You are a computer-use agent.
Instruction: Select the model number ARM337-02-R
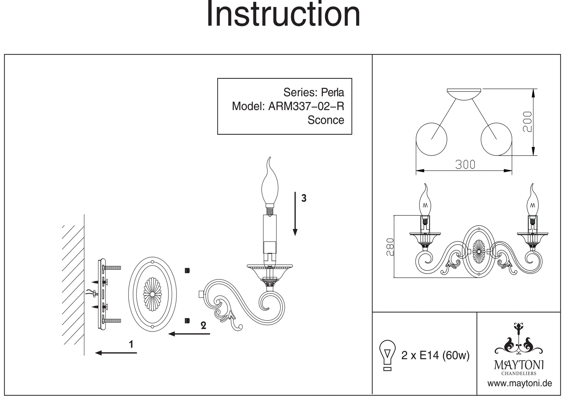pyautogui.click(x=306, y=106)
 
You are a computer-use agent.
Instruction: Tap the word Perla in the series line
pyautogui.click(x=333, y=93)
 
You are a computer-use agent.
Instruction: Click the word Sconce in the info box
pyautogui.click(x=326, y=120)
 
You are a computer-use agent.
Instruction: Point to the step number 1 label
pyautogui.click(x=131, y=344)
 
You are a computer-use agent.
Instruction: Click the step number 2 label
pyautogui.click(x=203, y=326)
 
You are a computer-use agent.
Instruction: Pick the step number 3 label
pyautogui.click(x=304, y=198)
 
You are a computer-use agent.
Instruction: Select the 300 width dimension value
pyautogui.click(x=465, y=165)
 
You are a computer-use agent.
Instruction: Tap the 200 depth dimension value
pyautogui.click(x=527, y=122)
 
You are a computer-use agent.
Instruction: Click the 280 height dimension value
pyautogui.click(x=390, y=247)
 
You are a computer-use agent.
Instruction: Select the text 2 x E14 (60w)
pyautogui.click(x=435, y=355)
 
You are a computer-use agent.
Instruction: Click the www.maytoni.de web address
pyautogui.click(x=520, y=384)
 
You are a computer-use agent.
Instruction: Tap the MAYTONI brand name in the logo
pyautogui.click(x=519, y=365)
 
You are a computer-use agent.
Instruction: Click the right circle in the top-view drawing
pyautogui.click(x=496, y=139)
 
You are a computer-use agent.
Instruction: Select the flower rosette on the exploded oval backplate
pyautogui.click(x=153, y=294)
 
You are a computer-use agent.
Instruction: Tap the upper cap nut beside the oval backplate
pyautogui.click(x=187, y=270)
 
